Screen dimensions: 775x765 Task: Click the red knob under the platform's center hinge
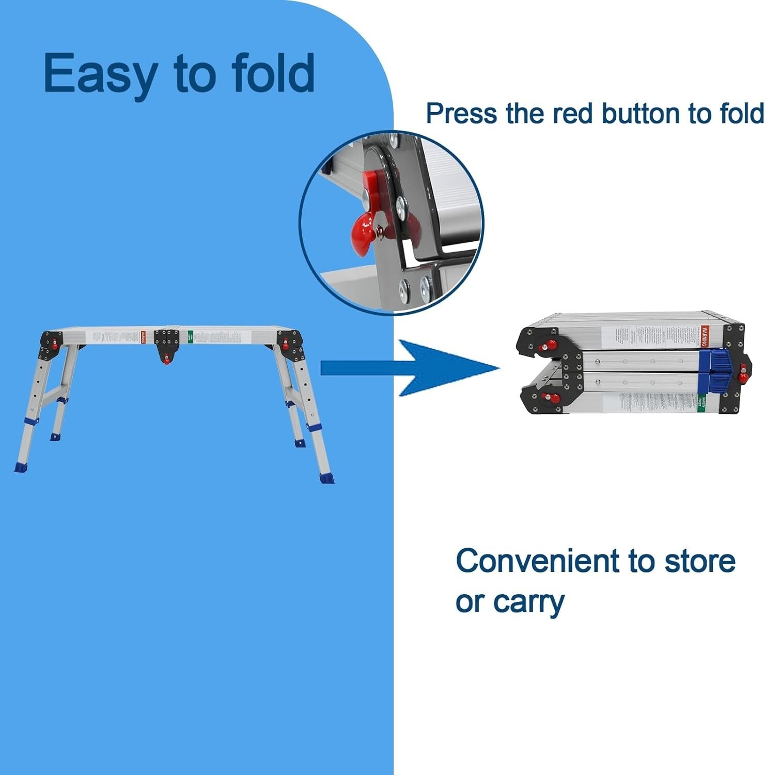[166, 360]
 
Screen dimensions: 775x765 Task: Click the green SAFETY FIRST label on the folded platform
[701, 401]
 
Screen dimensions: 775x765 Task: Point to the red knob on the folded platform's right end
[743, 372]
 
